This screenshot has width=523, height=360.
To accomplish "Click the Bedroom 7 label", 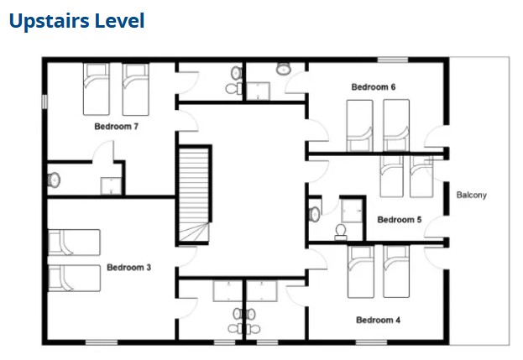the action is tap(117, 127).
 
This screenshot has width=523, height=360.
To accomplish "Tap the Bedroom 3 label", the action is tap(128, 268).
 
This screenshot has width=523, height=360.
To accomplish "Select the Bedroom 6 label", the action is tap(374, 87).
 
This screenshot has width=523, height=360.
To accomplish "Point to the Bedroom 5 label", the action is tap(400, 220).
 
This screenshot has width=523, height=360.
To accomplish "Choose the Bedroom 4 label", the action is tap(379, 320).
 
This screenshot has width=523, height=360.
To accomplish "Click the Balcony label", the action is tap(471, 195).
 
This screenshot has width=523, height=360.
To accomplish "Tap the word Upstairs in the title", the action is tap(49, 21).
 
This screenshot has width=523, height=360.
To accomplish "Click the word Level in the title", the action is tap(119, 21).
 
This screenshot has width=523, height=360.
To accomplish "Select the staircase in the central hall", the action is tap(194, 196).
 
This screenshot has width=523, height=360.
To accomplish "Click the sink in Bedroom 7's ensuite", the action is tap(54, 180).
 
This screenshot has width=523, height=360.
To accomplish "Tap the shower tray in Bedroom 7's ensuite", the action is tap(111, 186).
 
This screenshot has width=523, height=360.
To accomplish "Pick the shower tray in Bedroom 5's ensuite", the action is tap(352, 211).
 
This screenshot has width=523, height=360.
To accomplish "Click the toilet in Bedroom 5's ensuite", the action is tap(341, 232).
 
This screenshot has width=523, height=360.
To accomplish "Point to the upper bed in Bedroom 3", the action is tap(74, 243).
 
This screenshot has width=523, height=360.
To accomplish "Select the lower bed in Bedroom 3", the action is tap(74, 278).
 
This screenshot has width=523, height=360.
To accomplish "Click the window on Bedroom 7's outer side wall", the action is tap(44, 102).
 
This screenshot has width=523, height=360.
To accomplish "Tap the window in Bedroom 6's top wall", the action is tap(393, 60).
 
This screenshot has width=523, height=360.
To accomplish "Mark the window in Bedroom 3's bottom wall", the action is tap(102, 342).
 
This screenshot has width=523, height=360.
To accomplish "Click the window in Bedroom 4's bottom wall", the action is tap(371, 342).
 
